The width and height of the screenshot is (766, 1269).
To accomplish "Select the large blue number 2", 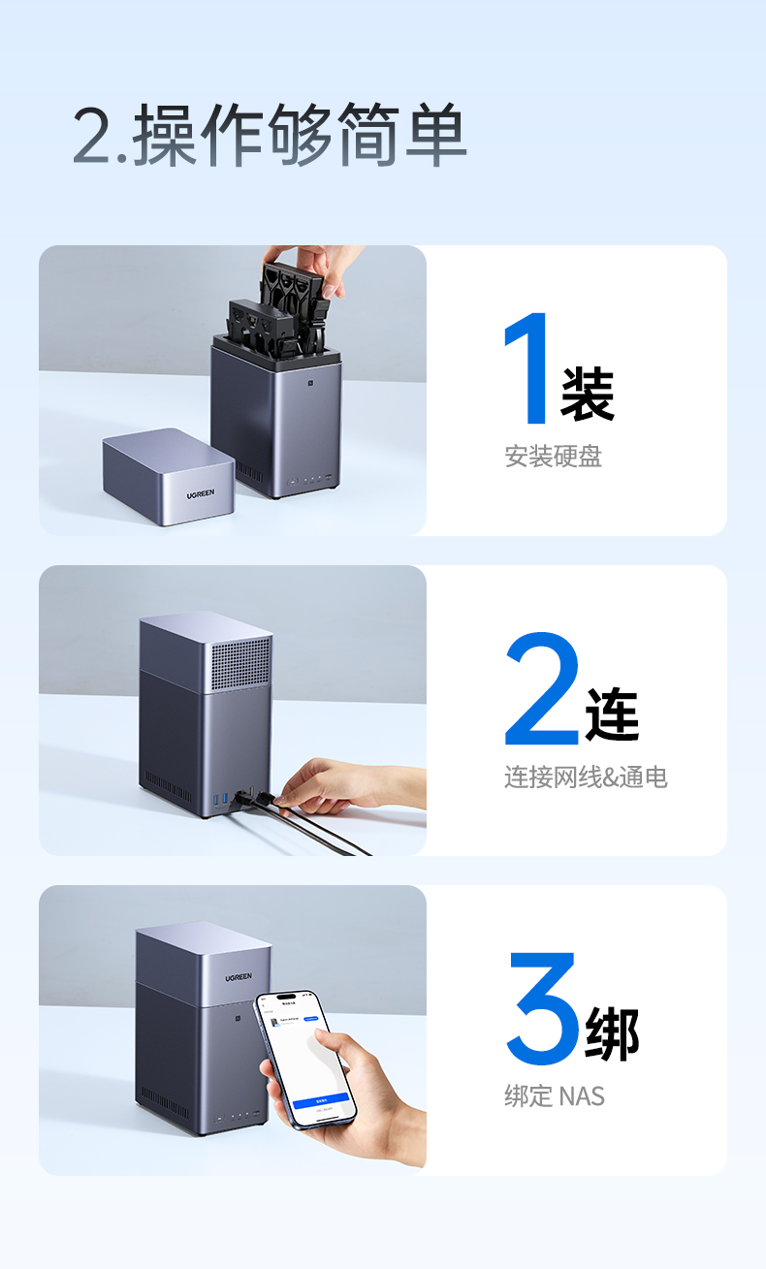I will click(541, 689).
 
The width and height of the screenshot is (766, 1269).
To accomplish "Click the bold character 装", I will click(588, 393).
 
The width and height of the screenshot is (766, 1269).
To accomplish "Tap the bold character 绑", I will click(613, 1033).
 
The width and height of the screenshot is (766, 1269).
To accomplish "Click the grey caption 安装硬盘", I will click(553, 457).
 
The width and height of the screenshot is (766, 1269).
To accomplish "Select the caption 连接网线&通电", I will click(586, 777).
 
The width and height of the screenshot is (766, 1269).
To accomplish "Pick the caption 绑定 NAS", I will click(554, 1096).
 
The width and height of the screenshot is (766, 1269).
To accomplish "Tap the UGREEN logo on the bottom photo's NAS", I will click(239, 977).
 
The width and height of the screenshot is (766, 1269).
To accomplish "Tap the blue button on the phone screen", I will click(319, 1099).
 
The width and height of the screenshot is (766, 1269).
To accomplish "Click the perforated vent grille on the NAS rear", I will click(240, 663).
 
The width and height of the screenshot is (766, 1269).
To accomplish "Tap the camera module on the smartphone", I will click(272, 1014).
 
